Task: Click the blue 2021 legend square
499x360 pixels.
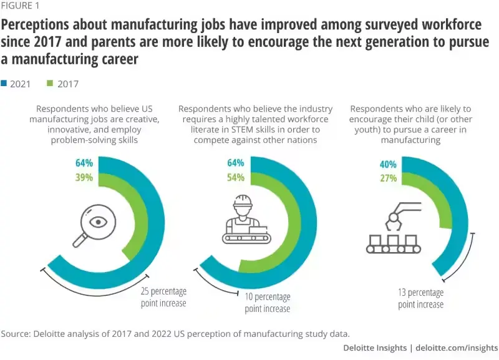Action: [4, 84]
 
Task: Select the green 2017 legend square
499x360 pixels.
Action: [50, 84]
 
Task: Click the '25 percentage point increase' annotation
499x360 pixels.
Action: [163, 297]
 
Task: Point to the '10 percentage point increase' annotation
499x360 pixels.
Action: [268, 303]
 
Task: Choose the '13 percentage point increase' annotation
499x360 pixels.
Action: [421, 298]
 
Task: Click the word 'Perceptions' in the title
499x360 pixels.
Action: [37, 26]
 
